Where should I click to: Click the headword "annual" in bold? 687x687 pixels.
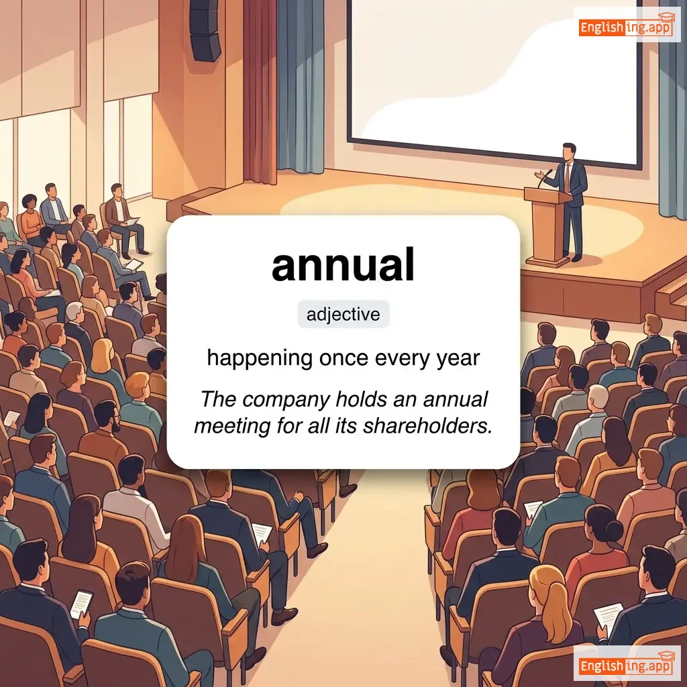343,265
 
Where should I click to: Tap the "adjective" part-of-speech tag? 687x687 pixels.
343,314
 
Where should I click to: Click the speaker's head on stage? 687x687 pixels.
569,151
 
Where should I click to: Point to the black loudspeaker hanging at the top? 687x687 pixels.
204,30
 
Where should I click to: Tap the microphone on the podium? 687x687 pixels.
545,177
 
